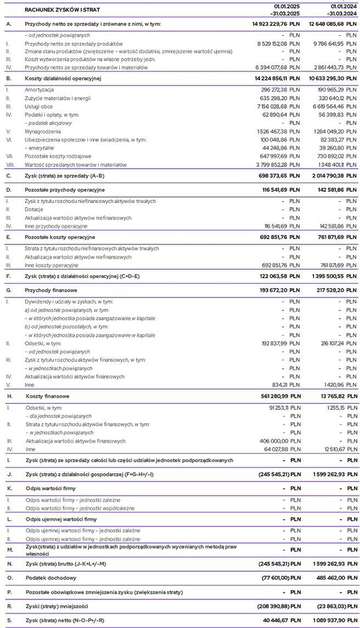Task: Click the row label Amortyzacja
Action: (x=40, y=89)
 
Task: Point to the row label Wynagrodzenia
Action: (x=43, y=132)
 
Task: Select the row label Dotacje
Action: (x=35, y=210)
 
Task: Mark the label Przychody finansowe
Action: (x=49, y=290)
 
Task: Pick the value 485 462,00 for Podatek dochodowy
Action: (x=328, y=578)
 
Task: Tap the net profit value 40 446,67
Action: (x=274, y=620)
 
